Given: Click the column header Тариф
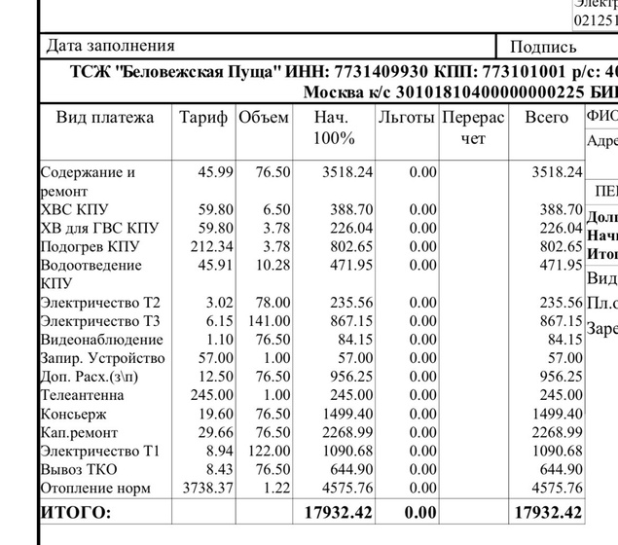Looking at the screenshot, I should coord(203,118).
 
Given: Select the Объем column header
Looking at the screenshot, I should coord(264,118).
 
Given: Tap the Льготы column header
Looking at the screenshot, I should coord(407,118).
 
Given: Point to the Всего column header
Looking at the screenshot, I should coord(546,118).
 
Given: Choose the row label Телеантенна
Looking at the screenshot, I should coord(82,395).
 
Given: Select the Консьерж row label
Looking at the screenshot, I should coord(73,414).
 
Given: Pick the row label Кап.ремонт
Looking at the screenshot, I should coord(79,432).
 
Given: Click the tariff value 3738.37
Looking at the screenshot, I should coord(202,488).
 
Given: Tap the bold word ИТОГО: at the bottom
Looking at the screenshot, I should coord(76,512).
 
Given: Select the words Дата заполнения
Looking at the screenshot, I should coord(111,45).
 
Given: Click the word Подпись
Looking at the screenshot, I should coord(543,46).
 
